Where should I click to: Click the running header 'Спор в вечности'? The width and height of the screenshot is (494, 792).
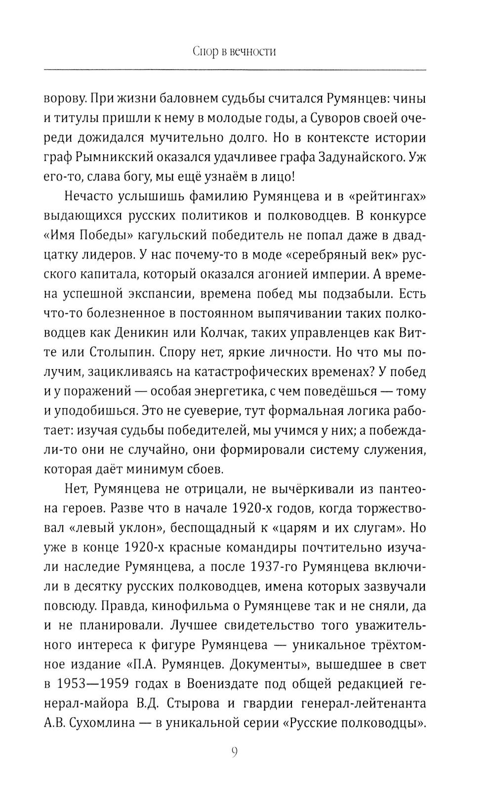tap(234, 52)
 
